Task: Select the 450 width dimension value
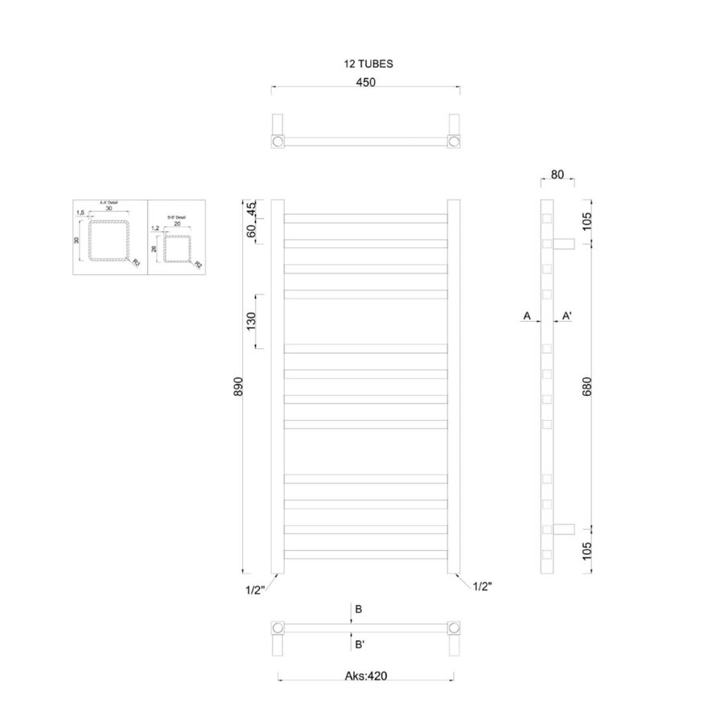[366, 80]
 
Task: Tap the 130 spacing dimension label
[251, 320]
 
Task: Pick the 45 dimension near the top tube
[251, 208]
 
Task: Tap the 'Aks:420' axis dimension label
[366, 677]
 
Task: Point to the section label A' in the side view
[567, 317]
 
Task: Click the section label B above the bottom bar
[359, 610]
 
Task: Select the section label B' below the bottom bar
[360, 644]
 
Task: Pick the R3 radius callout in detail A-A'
[135, 261]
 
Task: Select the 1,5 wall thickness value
[80, 213]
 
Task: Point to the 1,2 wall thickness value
[155, 228]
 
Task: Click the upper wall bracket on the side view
[563, 243]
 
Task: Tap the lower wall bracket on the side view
[563, 529]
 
